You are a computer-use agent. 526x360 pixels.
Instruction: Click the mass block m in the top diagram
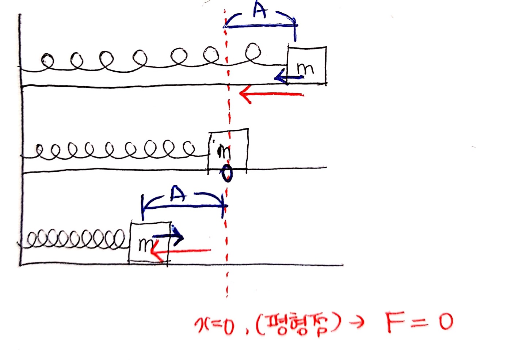point(307,65)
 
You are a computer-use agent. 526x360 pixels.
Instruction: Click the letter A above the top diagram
point(260,11)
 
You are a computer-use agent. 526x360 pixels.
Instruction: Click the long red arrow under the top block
point(271,95)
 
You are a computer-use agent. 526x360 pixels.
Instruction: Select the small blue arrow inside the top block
point(288,77)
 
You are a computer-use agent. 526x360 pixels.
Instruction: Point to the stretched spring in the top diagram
point(153,60)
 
